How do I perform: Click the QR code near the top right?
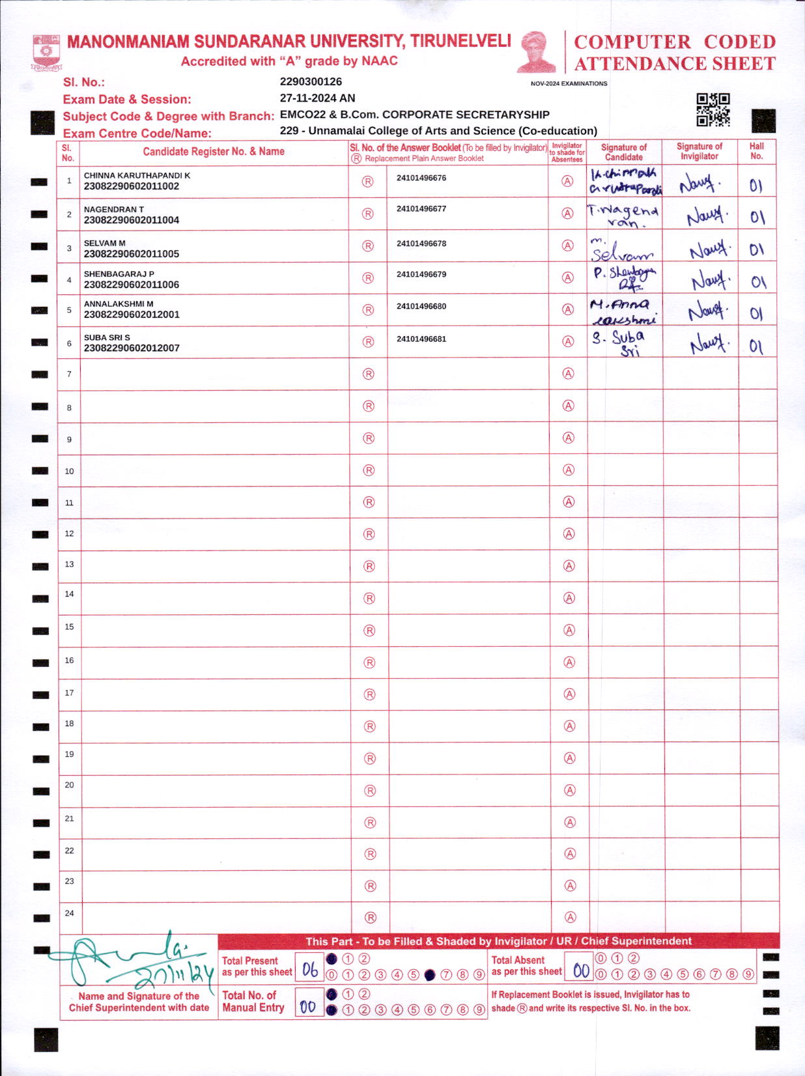tap(713, 109)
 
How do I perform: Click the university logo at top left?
tap(46, 53)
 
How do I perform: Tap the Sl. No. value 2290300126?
tap(311, 81)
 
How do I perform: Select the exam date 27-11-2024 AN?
tap(317, 98)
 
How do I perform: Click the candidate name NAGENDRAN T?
tap(114, 209)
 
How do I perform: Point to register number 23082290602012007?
tap(132, 348)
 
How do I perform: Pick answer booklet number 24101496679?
tap(421, 274)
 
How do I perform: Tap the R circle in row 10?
tap(369, 470)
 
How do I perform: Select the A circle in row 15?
tap(569, 630)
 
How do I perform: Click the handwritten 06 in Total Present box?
tap(309, 970)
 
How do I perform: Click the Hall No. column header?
tap(756, 151)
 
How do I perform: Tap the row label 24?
tap(69, 913)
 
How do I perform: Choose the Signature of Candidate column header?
tap(624, 152)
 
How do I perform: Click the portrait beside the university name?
tap(537, 51)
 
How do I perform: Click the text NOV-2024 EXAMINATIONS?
tap(569, 83)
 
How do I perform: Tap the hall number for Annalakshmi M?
tap(756, 313)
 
